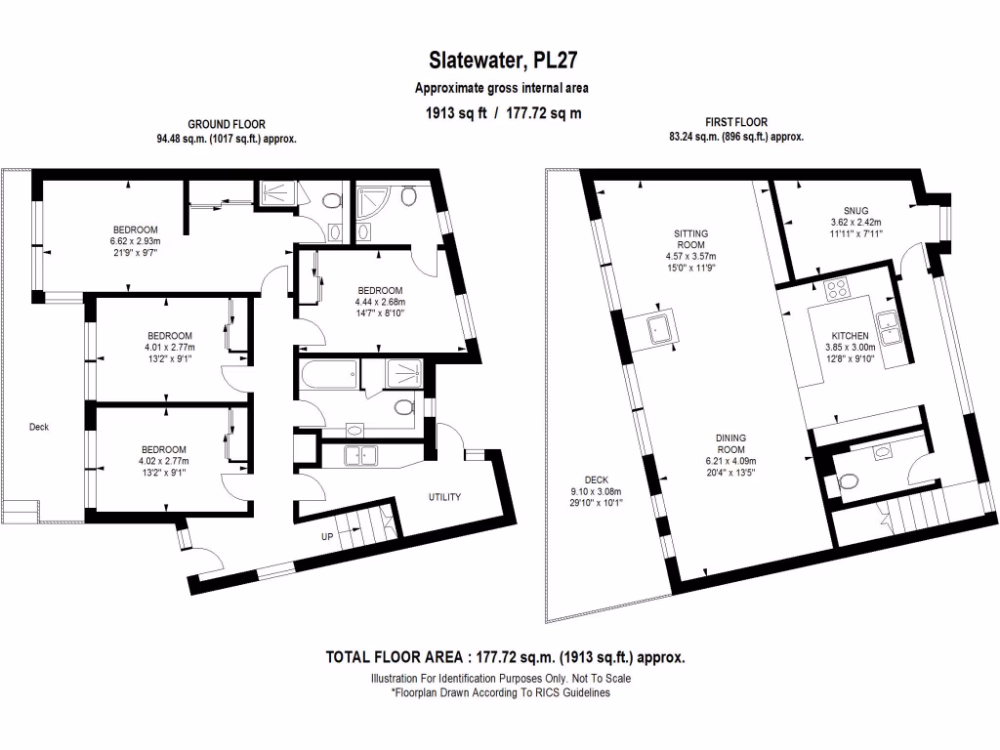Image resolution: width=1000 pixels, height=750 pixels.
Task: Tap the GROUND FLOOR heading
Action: click(227, 124)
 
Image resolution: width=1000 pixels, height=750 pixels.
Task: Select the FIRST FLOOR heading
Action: click(736, 123)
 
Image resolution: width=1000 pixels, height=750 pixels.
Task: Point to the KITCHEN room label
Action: click(842, 335)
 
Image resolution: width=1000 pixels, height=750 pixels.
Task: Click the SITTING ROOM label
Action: click(690, 239)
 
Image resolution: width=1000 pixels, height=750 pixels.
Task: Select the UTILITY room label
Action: click(444, 497)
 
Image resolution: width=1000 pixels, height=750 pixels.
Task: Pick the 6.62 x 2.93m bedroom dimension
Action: click(135, 241)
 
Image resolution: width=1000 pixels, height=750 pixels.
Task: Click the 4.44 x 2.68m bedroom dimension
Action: click(380, 303)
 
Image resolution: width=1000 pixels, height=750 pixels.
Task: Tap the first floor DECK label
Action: click(597, 479)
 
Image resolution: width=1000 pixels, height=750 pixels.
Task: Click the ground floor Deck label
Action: click(39, 427)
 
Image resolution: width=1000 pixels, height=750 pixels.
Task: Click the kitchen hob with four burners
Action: click(838, 289)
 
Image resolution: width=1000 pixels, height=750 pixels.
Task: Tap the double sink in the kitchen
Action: click(890, 327)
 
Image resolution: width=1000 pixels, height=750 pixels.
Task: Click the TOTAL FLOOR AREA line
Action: click(505, 657)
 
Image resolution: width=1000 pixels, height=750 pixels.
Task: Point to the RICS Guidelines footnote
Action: click(500, 692)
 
